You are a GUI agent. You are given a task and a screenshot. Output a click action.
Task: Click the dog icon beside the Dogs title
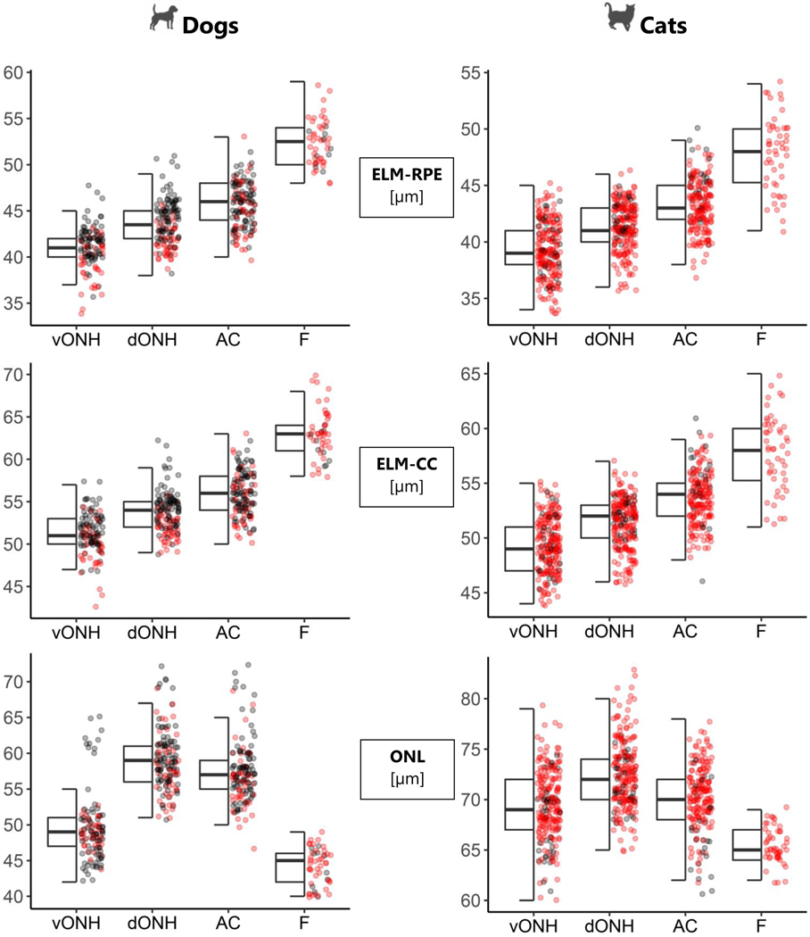tap(162, 22)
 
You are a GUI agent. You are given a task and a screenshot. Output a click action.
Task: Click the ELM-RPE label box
tap(404, 186)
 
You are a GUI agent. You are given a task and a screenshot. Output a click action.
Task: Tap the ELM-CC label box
tap(404, 477)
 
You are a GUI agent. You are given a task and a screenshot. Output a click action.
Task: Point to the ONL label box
tap(404, 768)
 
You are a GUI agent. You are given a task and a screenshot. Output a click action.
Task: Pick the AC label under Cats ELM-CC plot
tap(683, 632)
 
